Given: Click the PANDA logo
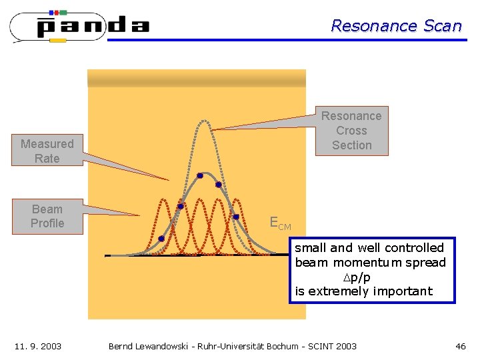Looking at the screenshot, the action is point(80,27).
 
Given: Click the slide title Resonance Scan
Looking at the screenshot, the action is point(396,26).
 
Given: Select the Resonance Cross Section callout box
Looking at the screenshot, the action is point(351,131).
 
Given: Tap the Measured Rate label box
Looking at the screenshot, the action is point(47,151).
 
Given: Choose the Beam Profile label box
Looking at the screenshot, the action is point(47,216).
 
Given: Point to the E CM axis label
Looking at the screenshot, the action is point(279,223).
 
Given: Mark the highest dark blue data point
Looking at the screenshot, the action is point(199,176).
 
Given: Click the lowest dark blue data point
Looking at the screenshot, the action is point(161,239).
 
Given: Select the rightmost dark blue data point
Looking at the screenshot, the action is point(235,217).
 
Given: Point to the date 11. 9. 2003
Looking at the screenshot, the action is point(38,346).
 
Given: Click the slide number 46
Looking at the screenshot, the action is point(460,346).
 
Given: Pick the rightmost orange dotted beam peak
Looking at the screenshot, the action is point(237,200).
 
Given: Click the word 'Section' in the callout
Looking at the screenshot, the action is point(351,145).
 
